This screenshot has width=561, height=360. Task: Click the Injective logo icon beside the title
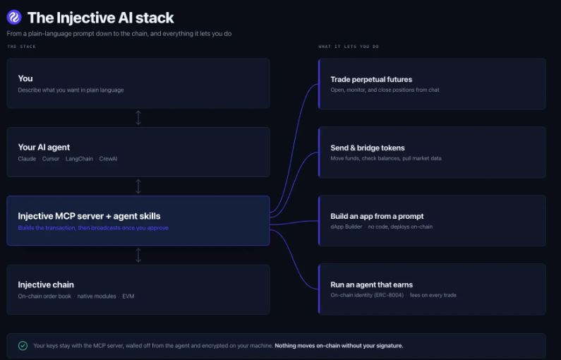(14, 17)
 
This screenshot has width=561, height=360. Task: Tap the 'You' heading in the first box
(25, 78)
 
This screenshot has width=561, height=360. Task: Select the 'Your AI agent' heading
(44, 147)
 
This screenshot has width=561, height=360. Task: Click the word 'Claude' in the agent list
(28, 159)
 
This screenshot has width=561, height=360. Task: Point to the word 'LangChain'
(79, 159)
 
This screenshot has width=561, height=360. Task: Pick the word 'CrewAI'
(109, 159)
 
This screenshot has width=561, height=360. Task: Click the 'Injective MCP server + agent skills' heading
(89, 216)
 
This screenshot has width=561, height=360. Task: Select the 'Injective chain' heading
(46, 285)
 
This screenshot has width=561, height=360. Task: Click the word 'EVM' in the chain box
(128, 296)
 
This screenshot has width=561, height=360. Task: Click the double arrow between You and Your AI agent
(138, 118)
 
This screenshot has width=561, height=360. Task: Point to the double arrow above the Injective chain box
(138, 255)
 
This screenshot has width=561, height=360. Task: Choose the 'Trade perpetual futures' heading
(371, 80)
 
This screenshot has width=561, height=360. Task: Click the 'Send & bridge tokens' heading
(368, 148)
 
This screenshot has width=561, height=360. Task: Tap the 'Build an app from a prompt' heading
(377, 216)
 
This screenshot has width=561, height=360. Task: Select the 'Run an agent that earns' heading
(372, 285)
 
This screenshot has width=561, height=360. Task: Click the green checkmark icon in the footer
(23, 346)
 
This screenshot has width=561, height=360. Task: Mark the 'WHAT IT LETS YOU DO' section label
(349, 47)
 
